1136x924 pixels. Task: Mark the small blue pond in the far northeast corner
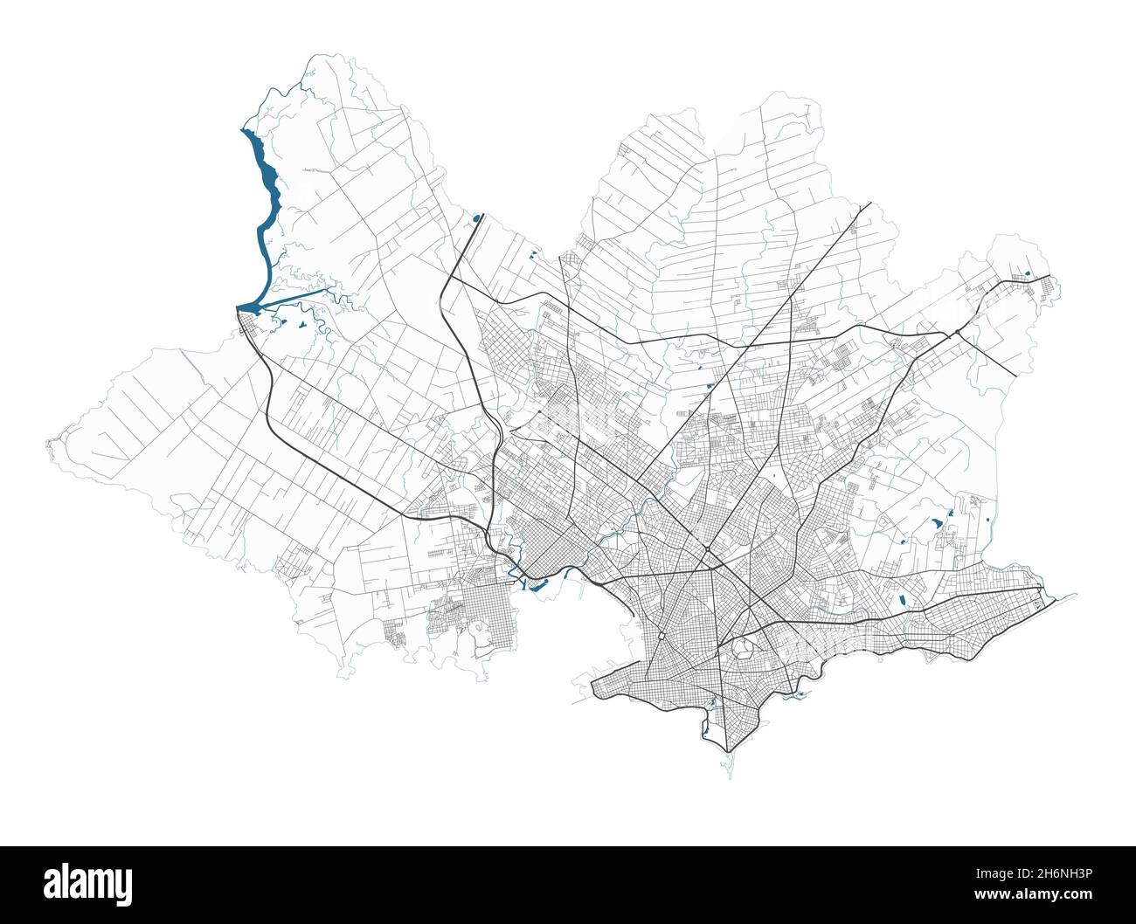[x=1028, y=274]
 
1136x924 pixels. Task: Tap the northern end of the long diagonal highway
[x=870, y=204]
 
